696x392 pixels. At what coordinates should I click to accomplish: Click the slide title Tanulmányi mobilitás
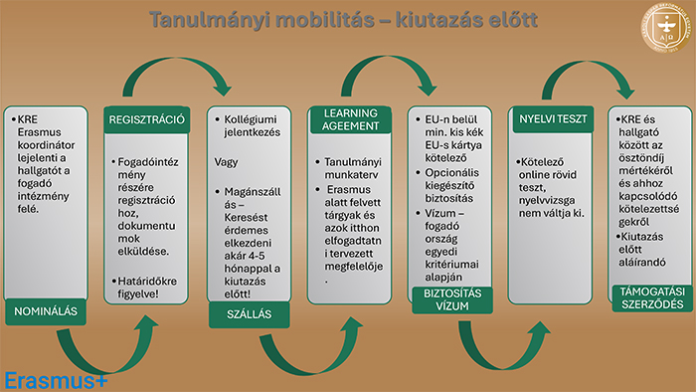pyautogui.click(x=343, y=20)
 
